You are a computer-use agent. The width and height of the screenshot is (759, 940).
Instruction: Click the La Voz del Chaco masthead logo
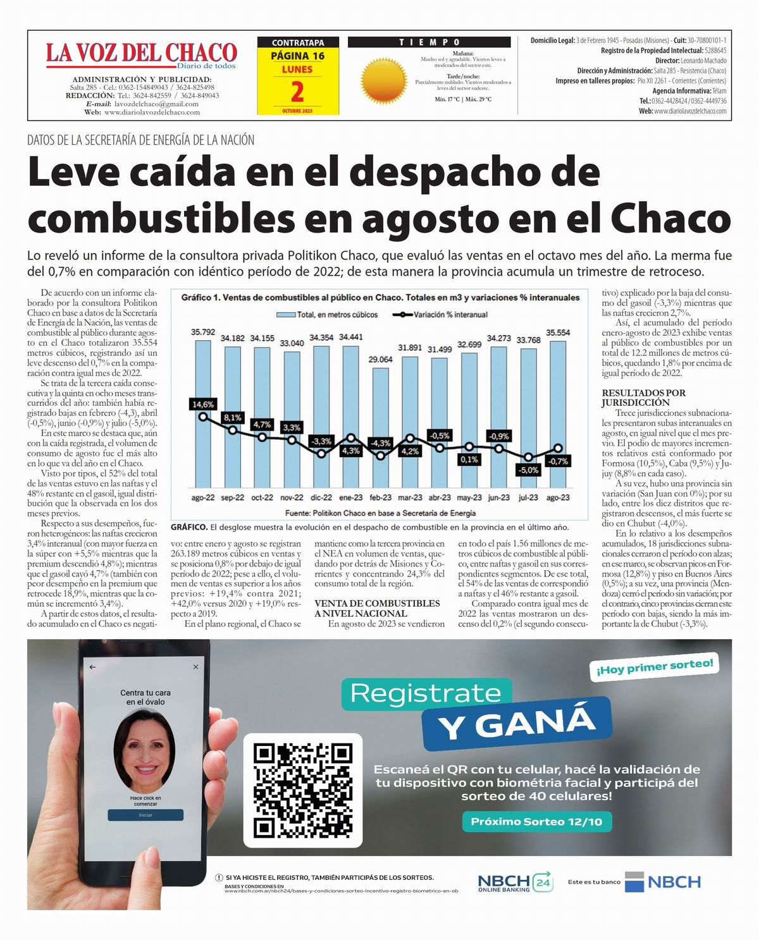tap(141, 54)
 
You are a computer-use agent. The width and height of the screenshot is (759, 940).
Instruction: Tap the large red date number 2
tap(297, 92)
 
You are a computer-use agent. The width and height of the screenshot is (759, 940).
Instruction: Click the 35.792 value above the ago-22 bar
tap(203, 332)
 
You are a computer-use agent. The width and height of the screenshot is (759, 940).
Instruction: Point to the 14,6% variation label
tap(203, 404)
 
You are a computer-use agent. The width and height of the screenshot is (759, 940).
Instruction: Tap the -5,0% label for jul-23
tap(528, 470)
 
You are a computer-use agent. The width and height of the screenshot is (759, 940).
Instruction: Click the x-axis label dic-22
tap(321, 497)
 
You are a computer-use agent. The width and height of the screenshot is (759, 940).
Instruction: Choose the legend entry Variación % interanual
tap(440, 314)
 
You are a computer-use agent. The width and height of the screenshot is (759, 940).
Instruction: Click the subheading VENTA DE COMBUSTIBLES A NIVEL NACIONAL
tap(377, 608)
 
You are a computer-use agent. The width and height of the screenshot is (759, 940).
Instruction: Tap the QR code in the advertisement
tap(302, 790)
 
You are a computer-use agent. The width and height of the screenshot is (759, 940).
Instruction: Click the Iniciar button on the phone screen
tap(145, 815)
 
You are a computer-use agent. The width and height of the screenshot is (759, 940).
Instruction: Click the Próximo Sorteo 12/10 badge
tap(536, 822)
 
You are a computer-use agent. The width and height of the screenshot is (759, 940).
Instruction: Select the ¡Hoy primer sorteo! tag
tap(654, 668)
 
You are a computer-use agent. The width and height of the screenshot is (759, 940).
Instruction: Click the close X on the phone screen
tap(196, 667)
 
